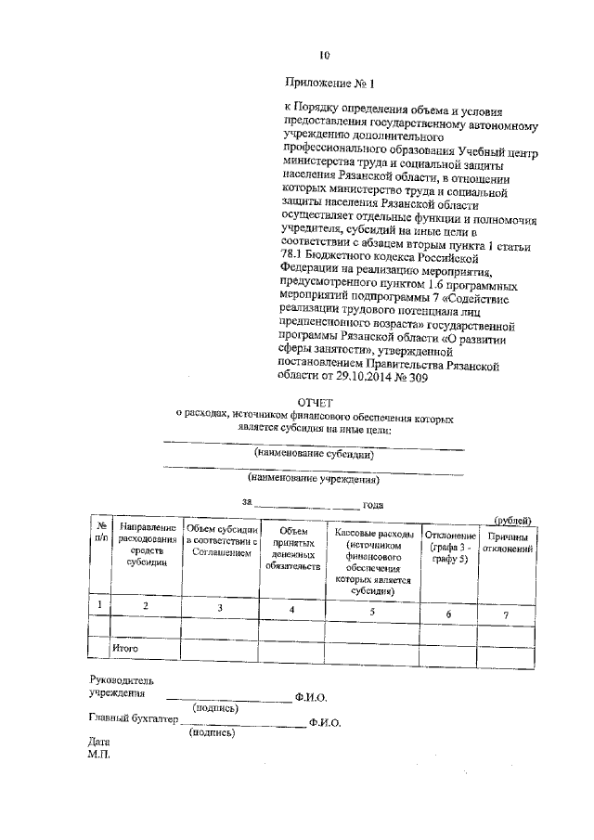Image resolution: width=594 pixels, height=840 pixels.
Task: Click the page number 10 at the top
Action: (x=325, y=55)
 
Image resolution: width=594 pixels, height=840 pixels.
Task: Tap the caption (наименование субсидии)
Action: (x=314, y=455)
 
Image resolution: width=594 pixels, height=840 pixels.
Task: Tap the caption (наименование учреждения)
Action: (x=314, y=480)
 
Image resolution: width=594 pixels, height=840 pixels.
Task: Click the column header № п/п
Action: (x=99, y=531)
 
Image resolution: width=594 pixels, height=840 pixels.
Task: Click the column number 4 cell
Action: (x=292, y=609)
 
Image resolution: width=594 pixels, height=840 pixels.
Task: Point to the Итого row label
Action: (x=124, y=646)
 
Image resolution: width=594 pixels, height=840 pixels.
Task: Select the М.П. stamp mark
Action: (x=99, y=756)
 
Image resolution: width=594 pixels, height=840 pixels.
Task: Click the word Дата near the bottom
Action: (x=99, y=743)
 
